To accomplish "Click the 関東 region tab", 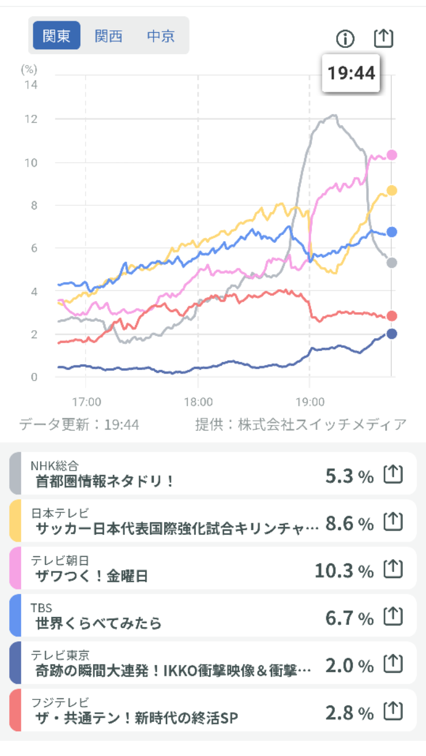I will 57,36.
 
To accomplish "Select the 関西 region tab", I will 109,36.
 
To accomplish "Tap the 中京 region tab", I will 161,36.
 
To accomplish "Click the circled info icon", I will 345,39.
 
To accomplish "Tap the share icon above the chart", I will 383,38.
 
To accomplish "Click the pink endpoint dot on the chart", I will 392,155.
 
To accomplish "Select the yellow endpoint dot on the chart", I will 392,191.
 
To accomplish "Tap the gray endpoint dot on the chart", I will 392,263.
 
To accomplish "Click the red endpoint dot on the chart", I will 392,316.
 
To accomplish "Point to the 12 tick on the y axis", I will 30,119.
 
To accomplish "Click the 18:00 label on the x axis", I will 198,402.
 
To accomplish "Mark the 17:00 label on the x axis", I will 86,402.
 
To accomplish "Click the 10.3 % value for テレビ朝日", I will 344,571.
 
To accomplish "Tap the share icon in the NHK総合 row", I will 393,475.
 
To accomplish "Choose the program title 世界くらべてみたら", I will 98,624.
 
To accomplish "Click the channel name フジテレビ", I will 60,703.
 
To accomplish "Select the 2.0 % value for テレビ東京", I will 349,666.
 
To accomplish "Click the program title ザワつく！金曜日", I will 92,576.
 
